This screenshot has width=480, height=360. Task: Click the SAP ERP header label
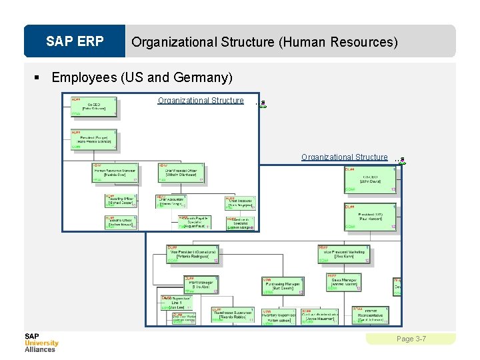[x=75, y=41]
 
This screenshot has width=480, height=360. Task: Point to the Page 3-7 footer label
[x=411, y=339]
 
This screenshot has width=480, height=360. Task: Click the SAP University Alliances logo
[x=41, y=343]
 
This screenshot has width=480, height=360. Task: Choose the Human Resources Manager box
[x=115, y=173]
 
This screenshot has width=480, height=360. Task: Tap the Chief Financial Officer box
[x=181, y=173]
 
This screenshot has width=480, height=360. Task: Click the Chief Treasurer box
[x=240, y=203]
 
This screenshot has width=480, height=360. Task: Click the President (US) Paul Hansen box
[x=371, y=217]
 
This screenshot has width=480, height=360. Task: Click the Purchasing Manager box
[x=283, y=286]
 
